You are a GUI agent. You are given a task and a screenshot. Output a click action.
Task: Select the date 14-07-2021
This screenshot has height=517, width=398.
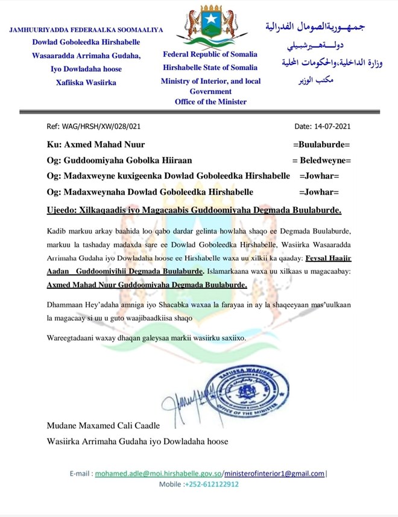point(323,127)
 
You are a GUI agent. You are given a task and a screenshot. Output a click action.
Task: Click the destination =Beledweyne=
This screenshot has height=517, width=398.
point(321,160)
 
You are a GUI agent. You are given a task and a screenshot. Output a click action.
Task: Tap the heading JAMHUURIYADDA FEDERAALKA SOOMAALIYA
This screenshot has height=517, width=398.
point(86,30)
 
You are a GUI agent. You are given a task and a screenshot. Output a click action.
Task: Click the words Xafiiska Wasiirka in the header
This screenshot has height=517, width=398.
point(86,83)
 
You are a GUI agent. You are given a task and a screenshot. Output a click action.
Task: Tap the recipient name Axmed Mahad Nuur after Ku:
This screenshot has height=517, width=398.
point(104,145)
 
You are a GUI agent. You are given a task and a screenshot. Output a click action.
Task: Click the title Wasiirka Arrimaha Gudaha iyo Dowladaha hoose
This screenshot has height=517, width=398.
point(137,441)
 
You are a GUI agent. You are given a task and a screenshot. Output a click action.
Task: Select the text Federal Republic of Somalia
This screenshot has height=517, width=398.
point(209,54)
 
